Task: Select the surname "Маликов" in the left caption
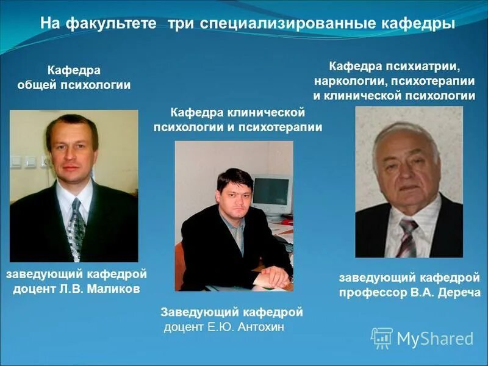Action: tap(116, 289)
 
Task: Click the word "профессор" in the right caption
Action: tap(370, 292)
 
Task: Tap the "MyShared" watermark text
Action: tap(435, 339)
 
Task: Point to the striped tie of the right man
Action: tap(407, 238)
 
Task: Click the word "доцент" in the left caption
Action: tap(34, 289)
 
